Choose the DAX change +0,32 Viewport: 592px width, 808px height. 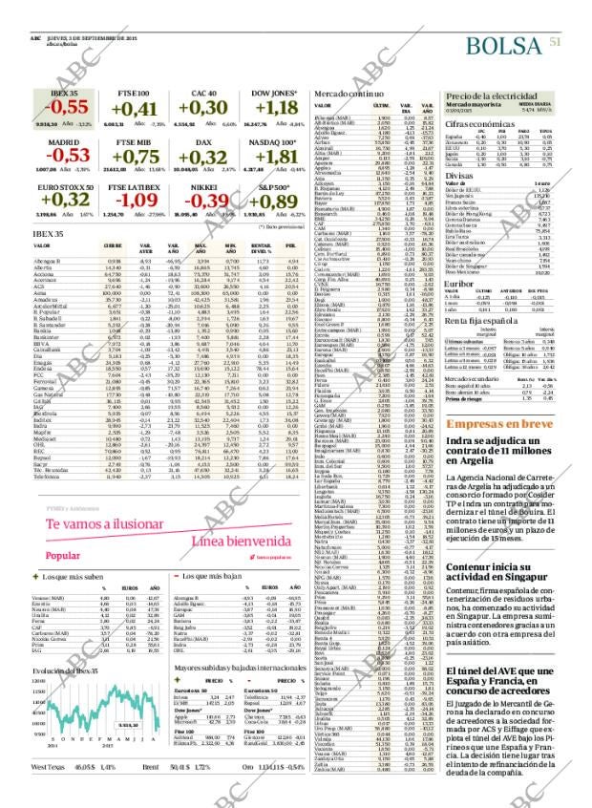[x=202, y=157]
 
